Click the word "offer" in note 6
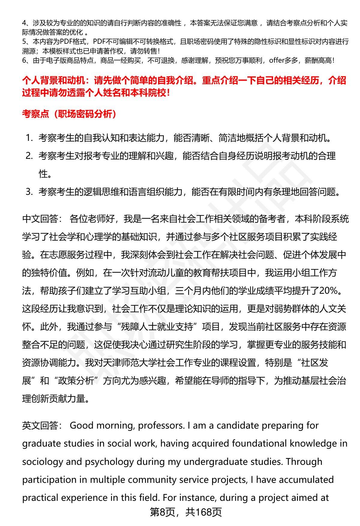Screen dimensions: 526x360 click(277, 61)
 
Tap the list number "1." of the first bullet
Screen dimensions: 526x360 click(29, 138)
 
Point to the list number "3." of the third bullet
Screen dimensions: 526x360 click(29, 192)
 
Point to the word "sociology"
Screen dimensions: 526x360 click(42, 462)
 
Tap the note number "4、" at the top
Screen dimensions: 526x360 click(26, 23)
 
